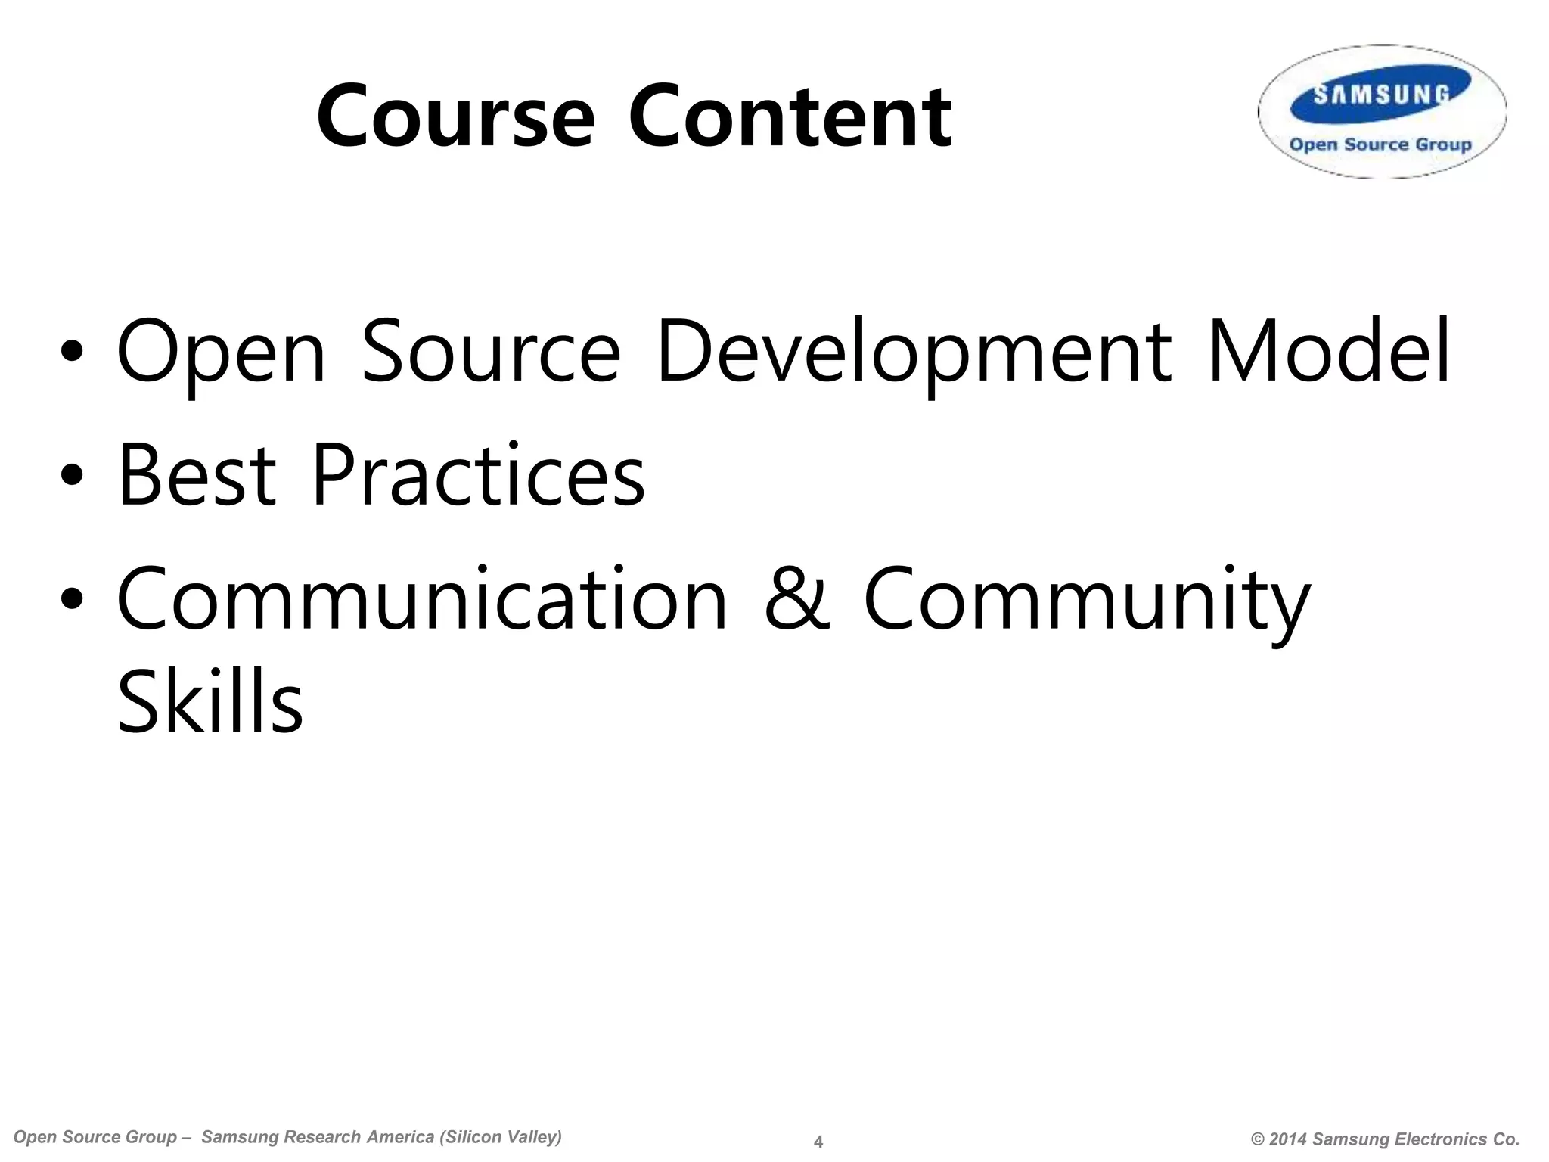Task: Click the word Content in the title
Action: [x=790, y=117]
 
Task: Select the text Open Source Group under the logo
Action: [x=1380, y=144]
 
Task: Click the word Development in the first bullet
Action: [x=914, y=352]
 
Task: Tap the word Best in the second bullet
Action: [x=197, y=475]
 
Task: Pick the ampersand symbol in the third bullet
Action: [x=796, y=600]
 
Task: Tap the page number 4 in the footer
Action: [x=818, y=1142]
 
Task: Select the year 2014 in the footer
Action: [x=1288, y=1139]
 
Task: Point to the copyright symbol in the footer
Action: [x=1258, y=1139]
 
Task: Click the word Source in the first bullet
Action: [x=491, y=352]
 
